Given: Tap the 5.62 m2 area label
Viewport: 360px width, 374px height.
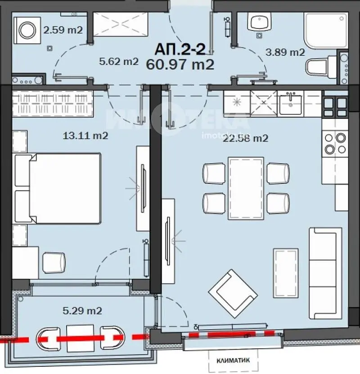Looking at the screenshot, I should (118, 62).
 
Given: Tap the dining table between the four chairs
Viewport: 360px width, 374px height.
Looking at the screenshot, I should (245, 187).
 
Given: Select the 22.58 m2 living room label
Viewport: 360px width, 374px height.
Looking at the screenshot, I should (246, 138).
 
